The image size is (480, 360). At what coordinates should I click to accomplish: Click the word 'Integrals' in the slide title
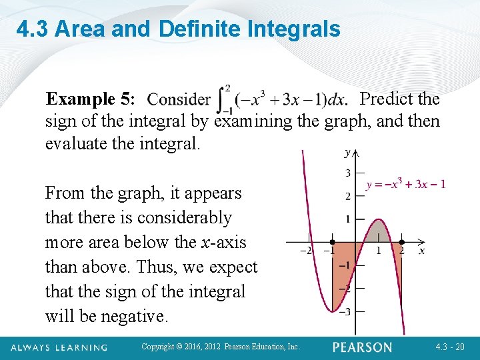coord(293,29)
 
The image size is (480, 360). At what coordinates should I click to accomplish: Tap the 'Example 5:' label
coord(90,99)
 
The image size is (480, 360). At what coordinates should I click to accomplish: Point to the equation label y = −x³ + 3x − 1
coord(406,184)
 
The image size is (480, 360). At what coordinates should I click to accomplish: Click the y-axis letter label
coord(348,153)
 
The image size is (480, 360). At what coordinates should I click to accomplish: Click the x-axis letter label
coord(421,251)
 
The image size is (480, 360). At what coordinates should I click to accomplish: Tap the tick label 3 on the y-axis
coord(347,174)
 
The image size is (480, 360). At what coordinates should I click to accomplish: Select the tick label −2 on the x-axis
coord(306,251)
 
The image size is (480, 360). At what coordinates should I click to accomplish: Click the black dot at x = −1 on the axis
coord(332,243)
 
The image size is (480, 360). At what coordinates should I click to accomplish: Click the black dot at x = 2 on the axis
coord(401,243)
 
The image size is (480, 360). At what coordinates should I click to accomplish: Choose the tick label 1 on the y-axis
coord(347,219)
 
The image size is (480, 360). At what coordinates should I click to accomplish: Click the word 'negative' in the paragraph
coord(137,316)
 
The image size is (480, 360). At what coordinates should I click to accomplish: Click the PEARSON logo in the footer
coord(363,347)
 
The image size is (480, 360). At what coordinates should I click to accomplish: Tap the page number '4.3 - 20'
coord(451,347)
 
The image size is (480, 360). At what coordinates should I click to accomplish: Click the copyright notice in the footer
coord(221,347)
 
